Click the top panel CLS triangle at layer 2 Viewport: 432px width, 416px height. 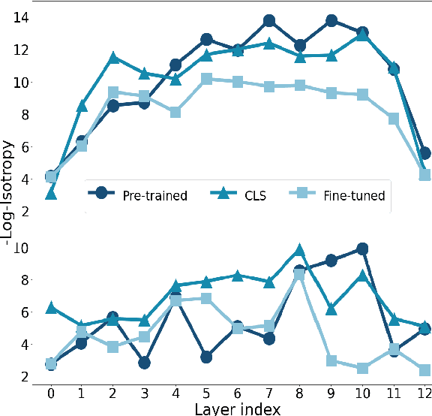113,58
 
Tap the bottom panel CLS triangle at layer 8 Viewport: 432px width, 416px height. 300,250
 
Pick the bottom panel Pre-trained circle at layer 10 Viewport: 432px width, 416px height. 362,249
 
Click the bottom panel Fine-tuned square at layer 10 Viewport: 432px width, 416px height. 362,368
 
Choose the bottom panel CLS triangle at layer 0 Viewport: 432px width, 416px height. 50,308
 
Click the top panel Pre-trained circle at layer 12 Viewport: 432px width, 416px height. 424,153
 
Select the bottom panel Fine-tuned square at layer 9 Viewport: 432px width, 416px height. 331,361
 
